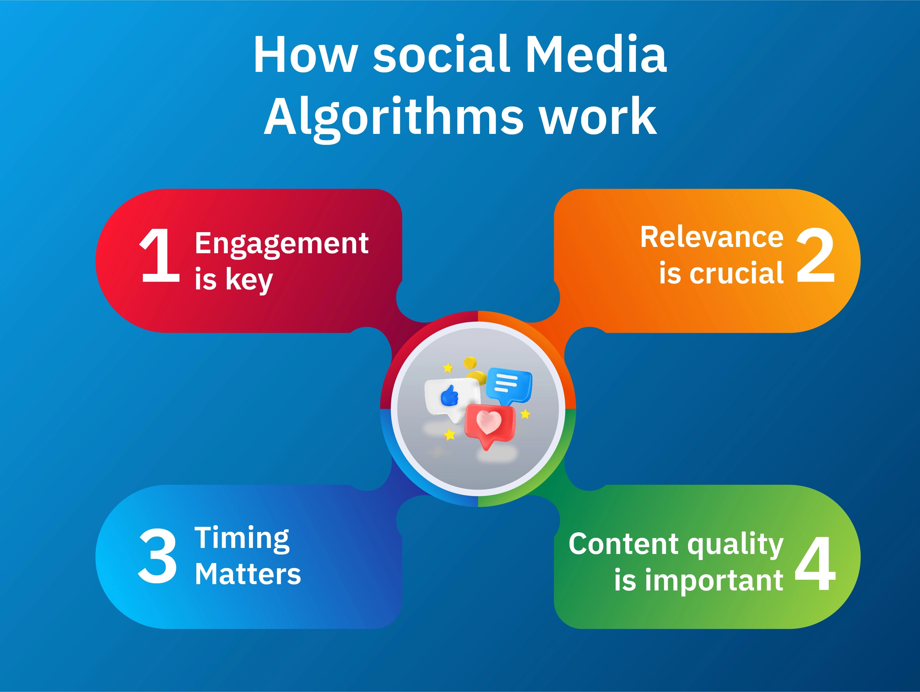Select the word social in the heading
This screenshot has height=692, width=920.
point(441,55)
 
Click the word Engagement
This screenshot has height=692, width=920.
point(281,244)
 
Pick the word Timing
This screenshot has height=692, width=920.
point(242,539)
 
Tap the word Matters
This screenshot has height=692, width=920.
point(248,575)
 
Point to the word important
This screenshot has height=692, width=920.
point(714,580)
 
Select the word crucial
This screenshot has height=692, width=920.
point(736,274)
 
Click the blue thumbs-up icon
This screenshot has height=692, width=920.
point(449,396)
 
